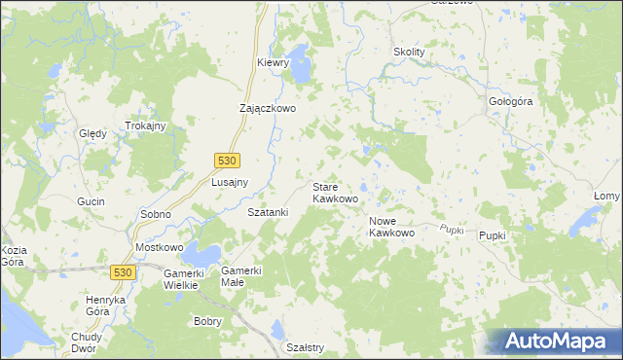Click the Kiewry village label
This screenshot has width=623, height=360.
coord(274,62)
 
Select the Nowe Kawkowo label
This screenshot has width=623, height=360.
coord(392,227)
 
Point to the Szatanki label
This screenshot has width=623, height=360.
coord(268,211)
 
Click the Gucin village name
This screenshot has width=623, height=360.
coord(90,200)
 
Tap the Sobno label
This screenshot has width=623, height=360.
coord(156,213)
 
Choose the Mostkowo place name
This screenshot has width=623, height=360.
coord(160,248)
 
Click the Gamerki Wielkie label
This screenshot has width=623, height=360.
coord(180,279)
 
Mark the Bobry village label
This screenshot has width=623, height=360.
coord(208,321)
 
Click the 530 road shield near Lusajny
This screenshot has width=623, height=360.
coord(227,159)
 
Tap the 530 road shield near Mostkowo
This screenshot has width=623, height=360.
coord(122,273)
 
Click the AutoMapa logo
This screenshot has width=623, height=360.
coord(555,342)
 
